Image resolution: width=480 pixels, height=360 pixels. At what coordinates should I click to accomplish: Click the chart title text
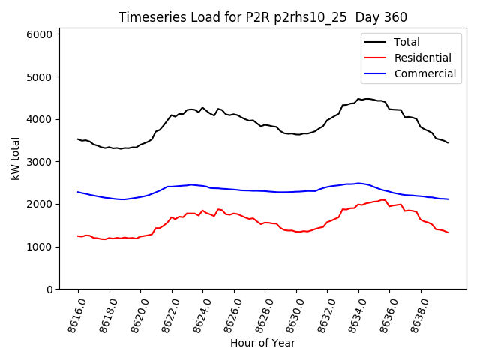(262, 18)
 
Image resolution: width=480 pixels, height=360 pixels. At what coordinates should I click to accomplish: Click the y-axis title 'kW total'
(15, 158)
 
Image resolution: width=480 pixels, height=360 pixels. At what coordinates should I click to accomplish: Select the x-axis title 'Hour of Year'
(262, 343)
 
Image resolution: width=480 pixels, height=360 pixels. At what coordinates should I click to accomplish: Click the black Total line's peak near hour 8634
(358, 98)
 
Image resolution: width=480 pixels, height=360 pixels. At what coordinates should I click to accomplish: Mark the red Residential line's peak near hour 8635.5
(382, 199)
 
